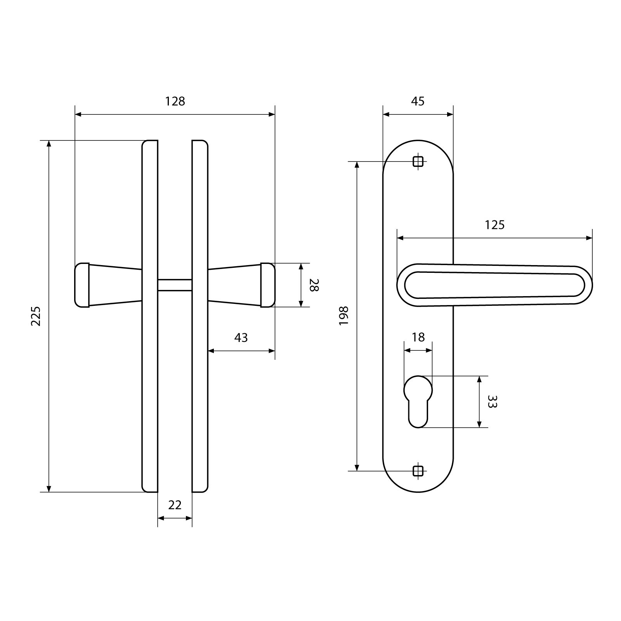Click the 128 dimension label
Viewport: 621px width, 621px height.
175,101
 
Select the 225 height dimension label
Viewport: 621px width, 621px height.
36,316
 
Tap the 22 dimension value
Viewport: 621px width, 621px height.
175,505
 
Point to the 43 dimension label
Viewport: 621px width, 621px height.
241,338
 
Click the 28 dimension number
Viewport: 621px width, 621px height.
314,285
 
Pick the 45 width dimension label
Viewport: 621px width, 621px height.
418,101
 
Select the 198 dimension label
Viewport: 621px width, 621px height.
344,316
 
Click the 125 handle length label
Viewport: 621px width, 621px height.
494,225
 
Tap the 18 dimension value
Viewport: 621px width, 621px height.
418,337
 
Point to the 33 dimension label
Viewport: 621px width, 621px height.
492,402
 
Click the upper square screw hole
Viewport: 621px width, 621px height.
418,161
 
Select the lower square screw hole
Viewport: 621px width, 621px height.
418,471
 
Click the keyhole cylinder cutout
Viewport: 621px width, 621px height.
418,402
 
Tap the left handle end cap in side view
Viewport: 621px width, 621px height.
82,285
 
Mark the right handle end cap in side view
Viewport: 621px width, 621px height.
267,285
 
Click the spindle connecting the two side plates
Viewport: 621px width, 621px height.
175,285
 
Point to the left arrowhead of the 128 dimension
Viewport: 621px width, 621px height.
78,114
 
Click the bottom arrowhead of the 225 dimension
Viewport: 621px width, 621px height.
49,489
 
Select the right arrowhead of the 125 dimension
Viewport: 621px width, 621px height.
589,238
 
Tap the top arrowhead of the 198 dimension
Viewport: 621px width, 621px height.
357,165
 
